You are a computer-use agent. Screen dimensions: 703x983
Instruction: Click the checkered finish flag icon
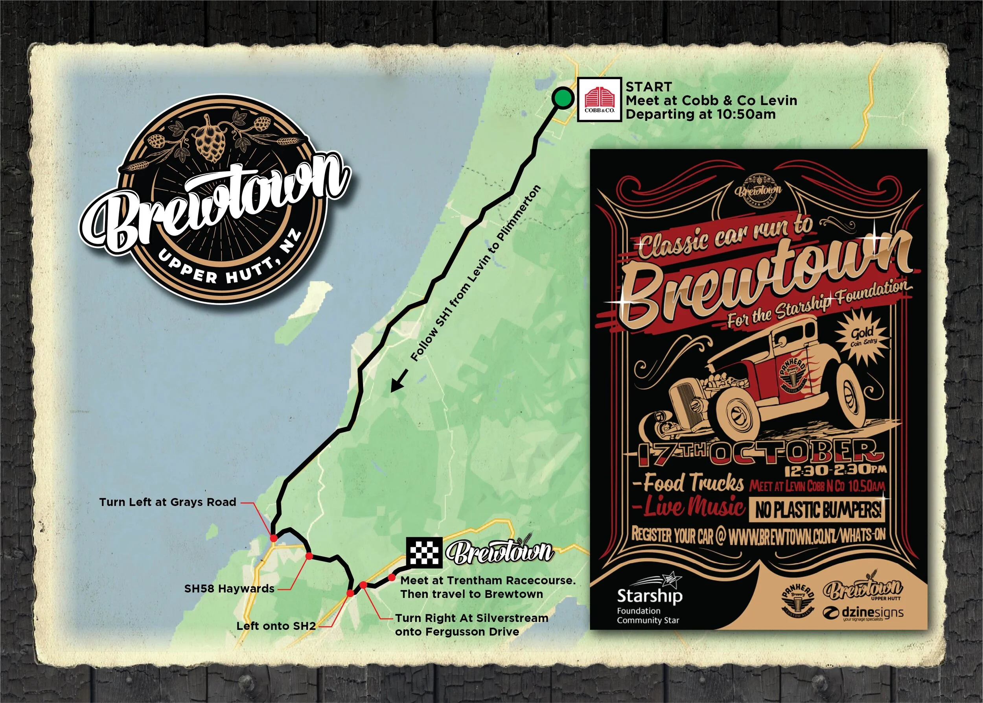click(424, 552)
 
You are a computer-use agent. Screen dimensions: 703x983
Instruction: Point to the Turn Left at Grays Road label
click(168, 502)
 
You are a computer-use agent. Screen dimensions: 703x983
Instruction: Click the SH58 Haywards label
click(229, 589)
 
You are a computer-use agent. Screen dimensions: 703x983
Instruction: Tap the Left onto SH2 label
click(276, 626)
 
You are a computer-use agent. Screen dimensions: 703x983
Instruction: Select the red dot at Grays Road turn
click(273, 538)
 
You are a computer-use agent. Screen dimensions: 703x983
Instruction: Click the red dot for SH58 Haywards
click(309, 556)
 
